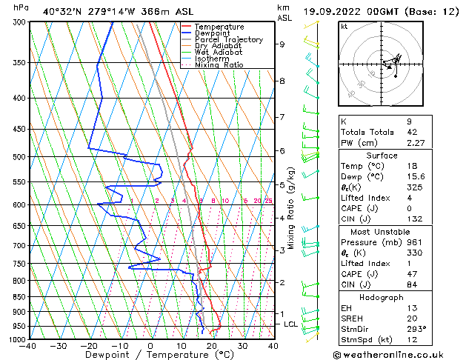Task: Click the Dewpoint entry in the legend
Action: click(x=212, y=33)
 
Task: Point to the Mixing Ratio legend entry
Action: click(x=219, y=65)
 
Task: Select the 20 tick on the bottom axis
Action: click(x=212, y=346)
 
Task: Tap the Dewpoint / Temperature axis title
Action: click(x=150, y=356)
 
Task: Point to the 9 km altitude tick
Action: click(x=282, y=44)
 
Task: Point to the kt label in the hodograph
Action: click(x=344, y=26)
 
